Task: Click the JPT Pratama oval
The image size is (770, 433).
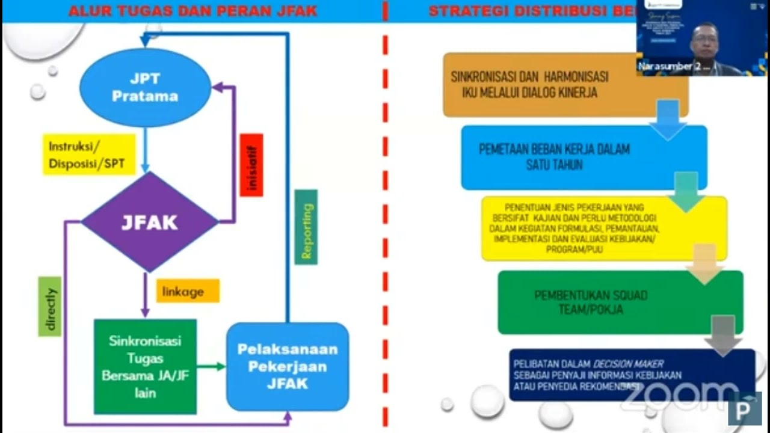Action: click(145, 88)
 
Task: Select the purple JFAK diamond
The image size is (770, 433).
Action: click(150, 222)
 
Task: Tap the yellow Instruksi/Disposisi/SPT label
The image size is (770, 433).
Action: click(89, 155)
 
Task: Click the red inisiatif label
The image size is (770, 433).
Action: click(251, 165)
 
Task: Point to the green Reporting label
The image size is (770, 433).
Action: click(306, 227)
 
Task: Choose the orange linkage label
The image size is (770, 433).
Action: click(188, 291)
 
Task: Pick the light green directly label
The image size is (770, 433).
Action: click(50, 306)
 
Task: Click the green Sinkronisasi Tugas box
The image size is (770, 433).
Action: click(145, 366)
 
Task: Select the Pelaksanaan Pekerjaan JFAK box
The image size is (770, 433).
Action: click(287, 366)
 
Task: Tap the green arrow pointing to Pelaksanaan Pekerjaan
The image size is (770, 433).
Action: click(211, 366)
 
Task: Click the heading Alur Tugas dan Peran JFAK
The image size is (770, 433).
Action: click(192, 11)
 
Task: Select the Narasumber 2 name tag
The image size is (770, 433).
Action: click(674, 67)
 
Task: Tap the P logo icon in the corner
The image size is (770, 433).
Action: click(744, 409)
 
